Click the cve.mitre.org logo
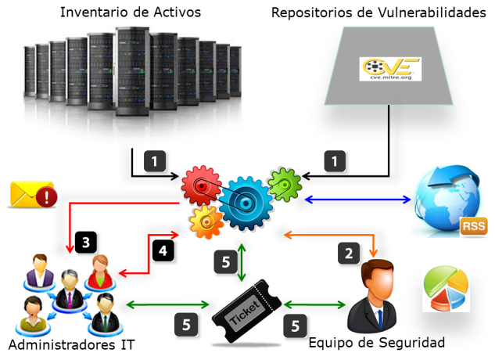(x=390, y=67)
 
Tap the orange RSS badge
(x=473, y=226)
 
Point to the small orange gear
(x=205, y=222)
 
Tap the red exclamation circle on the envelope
(x=47, y=196)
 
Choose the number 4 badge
(x=162, y=252)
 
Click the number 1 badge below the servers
(x=155, y=162)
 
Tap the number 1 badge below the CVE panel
(x=336, y=162)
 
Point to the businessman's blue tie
(x=378, y=313)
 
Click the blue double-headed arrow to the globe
(x=357, y=200)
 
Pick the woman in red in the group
(x=100, y=270)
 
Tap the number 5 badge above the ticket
(x=224, y=261)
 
